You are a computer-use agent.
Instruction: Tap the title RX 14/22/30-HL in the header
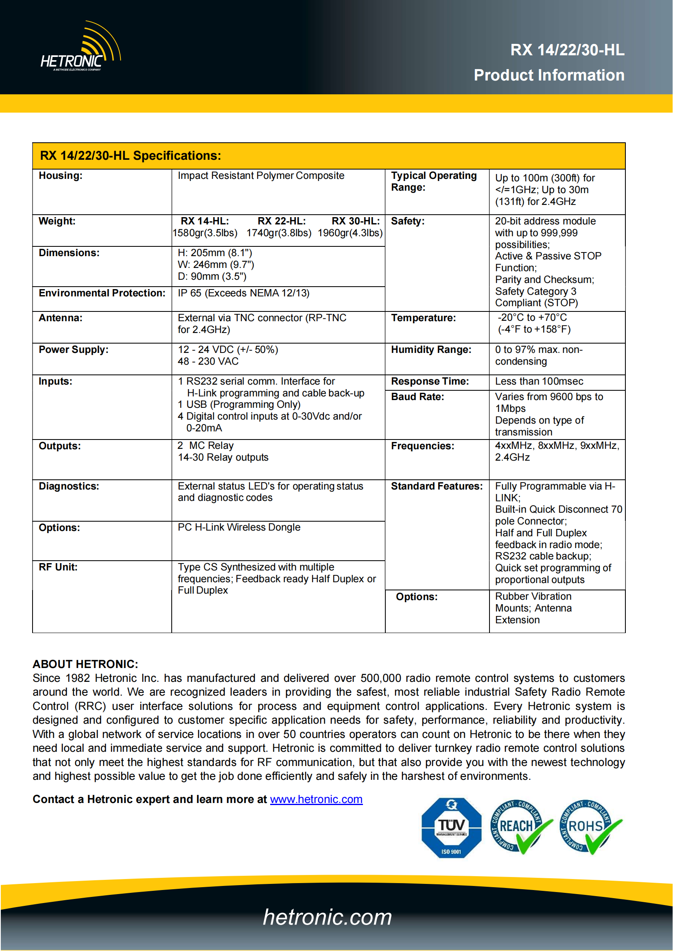(567, 50)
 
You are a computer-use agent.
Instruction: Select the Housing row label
(61, 176)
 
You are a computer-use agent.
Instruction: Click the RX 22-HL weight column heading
(282, 221)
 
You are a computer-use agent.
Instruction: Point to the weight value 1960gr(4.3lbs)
(350, 233)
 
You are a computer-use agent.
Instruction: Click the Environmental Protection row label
(102, 293)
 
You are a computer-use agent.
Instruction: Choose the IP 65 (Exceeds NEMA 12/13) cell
(244, 293)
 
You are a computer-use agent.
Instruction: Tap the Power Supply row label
(73, 350)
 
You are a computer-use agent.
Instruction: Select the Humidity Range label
(431, 350)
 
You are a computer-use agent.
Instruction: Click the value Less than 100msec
(539, 381)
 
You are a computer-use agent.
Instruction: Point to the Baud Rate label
(417, 397)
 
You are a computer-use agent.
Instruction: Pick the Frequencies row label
(422, 446)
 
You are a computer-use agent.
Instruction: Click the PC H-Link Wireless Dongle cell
(239, 527)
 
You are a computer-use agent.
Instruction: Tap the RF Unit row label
(58, 567)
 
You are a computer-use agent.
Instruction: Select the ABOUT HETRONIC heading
(85, 664)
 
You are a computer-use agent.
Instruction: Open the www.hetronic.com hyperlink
(316, 799)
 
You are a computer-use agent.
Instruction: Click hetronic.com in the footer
(328, 917)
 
